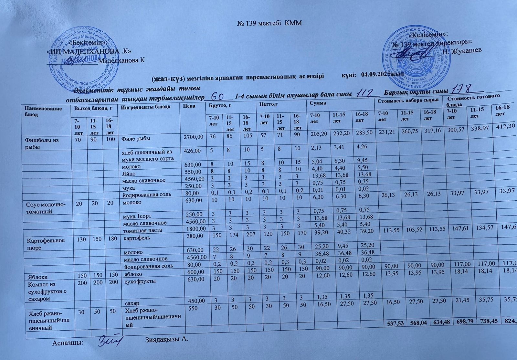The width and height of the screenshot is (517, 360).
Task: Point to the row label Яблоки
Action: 38,277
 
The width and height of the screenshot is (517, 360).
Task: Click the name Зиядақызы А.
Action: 166,340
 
